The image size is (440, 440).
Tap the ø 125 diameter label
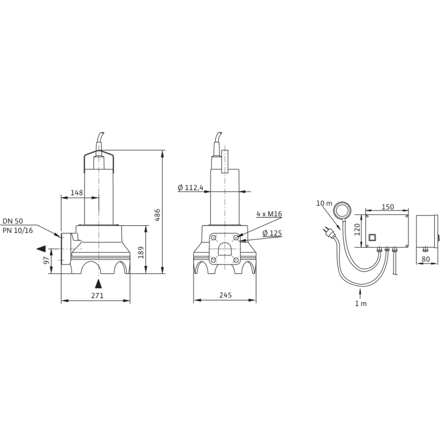(273, 233)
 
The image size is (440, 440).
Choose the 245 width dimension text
(224, 296)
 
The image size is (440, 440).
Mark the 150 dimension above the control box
(388, 207)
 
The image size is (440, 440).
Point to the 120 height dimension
(356, 228)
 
